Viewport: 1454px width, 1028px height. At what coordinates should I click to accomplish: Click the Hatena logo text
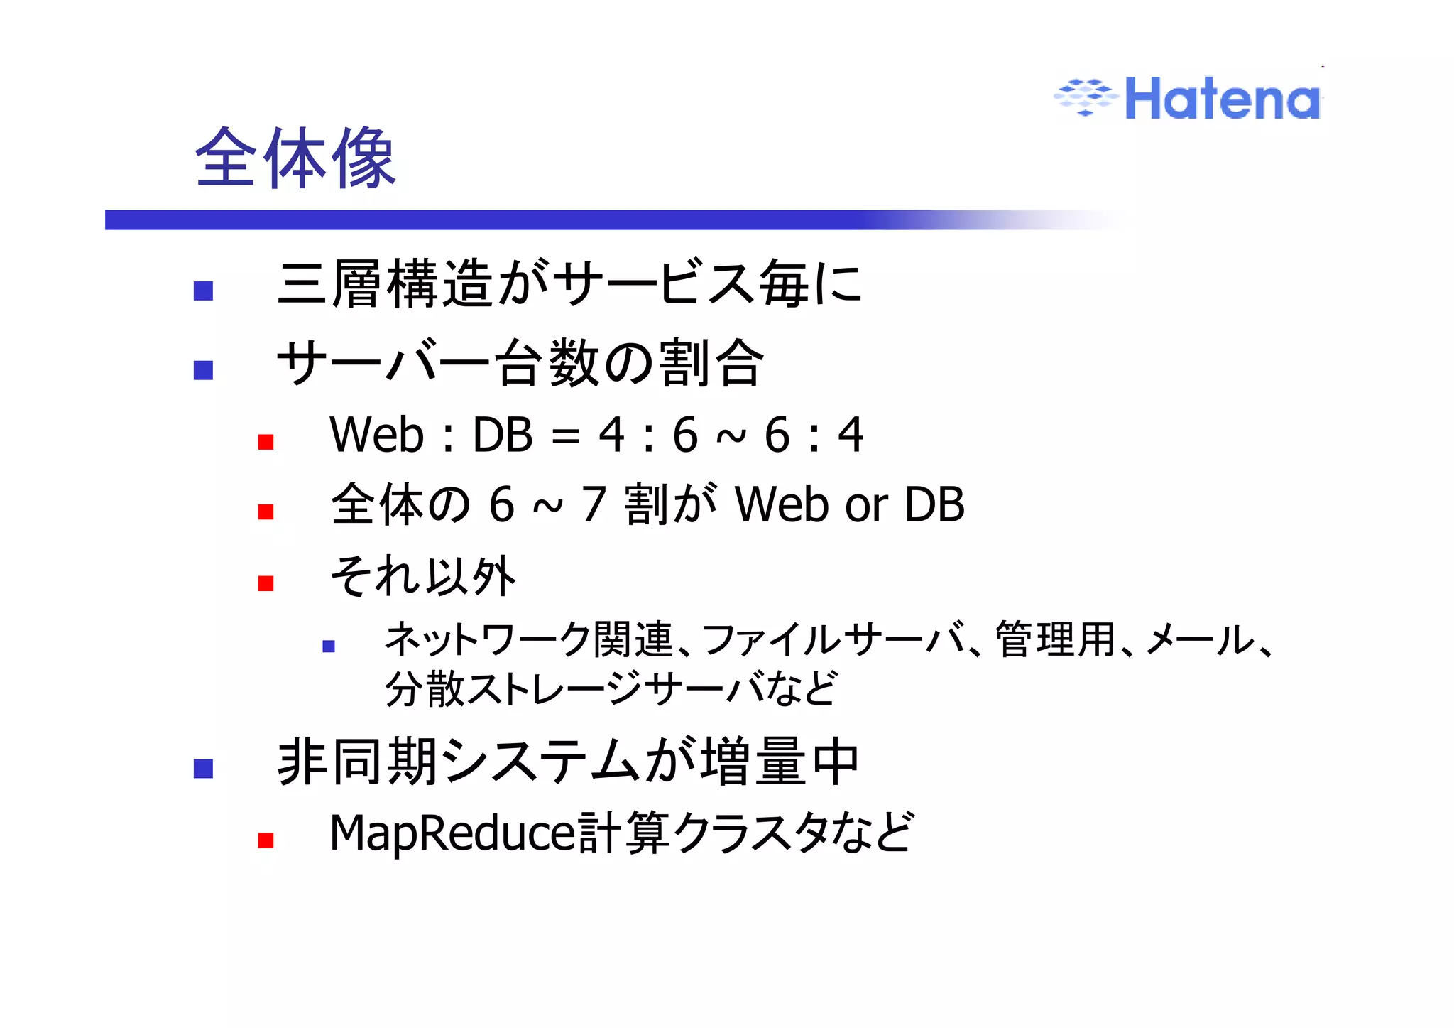pos(1223,99)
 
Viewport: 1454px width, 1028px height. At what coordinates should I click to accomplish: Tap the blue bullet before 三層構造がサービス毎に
pos(203,291)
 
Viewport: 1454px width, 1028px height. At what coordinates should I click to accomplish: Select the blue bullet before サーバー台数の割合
pos(203,370)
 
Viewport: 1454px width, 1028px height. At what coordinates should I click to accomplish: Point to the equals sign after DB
pos(565,436)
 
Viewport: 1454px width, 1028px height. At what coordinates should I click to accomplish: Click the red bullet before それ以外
pos(266,583)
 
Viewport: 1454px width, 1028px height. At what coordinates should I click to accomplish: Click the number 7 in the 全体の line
pos(593,504)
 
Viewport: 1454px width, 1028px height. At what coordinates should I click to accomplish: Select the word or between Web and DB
pos(866,506)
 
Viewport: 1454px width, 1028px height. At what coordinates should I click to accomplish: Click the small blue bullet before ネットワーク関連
pos(328,646)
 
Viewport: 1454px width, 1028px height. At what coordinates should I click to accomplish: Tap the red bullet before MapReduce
pos(266,840)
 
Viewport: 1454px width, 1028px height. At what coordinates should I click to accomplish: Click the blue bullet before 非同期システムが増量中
pos(203,769)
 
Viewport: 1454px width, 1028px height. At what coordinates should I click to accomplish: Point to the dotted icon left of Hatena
pos(1085,97)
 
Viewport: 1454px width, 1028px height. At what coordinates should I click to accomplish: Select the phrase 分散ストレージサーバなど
pos(611,688)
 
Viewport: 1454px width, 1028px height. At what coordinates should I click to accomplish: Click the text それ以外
pos(423,575)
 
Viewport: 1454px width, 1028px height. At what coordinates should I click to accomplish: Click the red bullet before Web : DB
pos(266,443)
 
